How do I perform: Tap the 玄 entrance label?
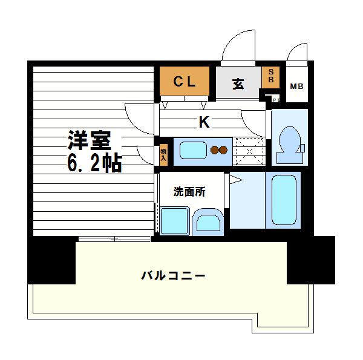point(238,84)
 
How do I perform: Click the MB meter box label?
point(296,86)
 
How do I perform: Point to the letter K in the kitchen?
point(204,123)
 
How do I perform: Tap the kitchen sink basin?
point(192,150)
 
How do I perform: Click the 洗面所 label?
point(189,192)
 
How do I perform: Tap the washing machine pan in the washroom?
point(175,220)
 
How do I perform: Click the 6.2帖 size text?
point(94,163)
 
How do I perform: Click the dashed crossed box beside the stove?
point(249,151)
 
